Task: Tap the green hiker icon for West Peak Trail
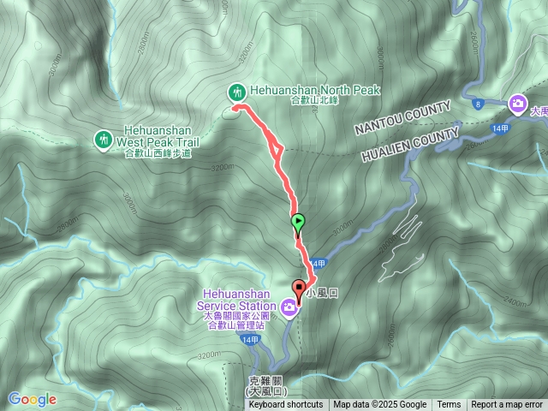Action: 103,139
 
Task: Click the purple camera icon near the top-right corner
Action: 517,104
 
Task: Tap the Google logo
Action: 32,399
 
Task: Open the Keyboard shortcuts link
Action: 285,405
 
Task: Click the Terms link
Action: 449,405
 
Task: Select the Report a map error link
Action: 507,405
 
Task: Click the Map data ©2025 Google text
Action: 379,405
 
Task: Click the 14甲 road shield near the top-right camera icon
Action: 503,128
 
